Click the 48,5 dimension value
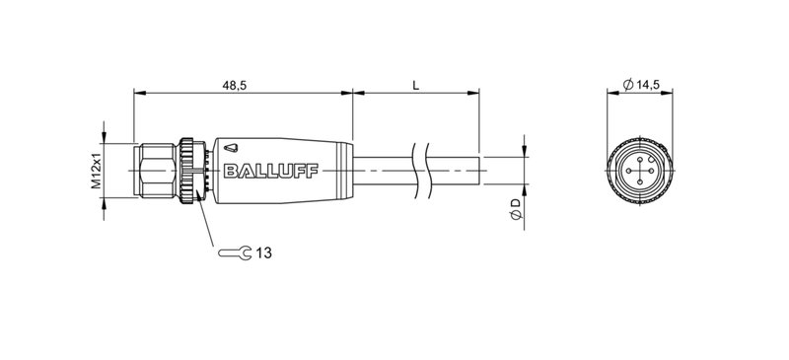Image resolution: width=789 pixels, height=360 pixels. [x=235, y=86]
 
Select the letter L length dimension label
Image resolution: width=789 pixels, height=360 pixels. [x=415, y=86]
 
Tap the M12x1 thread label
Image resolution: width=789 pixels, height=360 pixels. [x=97, y=171]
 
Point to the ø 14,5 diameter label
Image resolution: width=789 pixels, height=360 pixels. [x=642, y=86]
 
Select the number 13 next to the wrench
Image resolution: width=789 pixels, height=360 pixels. [x=264, y=253]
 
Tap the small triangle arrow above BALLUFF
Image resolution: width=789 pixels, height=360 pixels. [x=230, y=143]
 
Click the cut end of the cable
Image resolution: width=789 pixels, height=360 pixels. [x=479, y=171]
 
